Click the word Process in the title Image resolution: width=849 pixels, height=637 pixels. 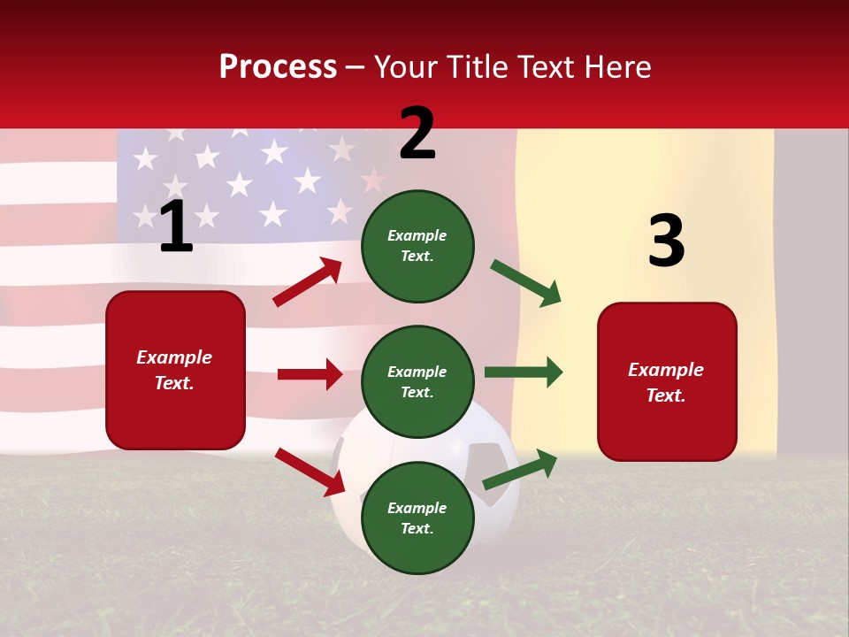(x=278, y=67)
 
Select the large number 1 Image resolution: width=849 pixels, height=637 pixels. (x=176, y=226)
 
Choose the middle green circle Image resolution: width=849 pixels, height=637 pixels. (x=417, y=381)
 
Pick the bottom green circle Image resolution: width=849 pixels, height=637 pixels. (x=417, y=518)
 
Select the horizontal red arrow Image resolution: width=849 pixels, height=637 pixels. (x=310, y=374)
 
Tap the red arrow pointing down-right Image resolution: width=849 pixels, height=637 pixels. (x=310, y=472)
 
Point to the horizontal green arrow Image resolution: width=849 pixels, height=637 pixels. (x=524, y=372)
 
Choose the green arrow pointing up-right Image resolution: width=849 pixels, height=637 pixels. (x=520, y=469)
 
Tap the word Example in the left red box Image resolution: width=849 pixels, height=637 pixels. (x=174, y=357)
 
